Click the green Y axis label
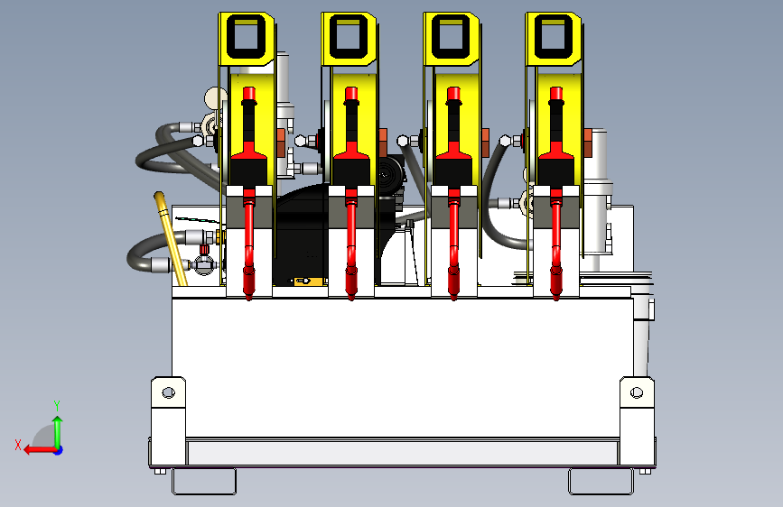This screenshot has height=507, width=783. click(57, 405)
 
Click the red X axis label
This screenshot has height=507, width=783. click(18, 445)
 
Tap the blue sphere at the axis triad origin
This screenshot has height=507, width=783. click(59, 450)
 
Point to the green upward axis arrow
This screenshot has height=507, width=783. click(58, 431)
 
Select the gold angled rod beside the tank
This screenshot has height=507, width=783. click(171, 238)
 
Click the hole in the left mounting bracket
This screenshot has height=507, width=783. click(168, 392)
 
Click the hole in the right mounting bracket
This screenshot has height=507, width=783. click(637, 392)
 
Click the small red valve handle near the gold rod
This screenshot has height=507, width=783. click(204, 249)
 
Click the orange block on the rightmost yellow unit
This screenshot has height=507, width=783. click(587, 143)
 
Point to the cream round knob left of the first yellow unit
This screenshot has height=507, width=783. click(215, 97)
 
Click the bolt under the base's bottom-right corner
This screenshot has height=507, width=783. click(645, 471)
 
